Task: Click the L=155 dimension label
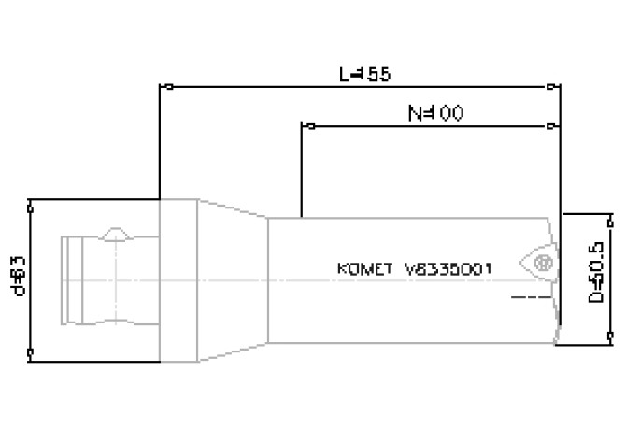(363, 73)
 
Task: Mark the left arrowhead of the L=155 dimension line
(167, 87)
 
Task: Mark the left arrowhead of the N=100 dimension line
(305, 124)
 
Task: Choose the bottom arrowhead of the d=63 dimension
(33, 353)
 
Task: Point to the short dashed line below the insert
(527, 298)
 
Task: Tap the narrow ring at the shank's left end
(68, 279)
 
